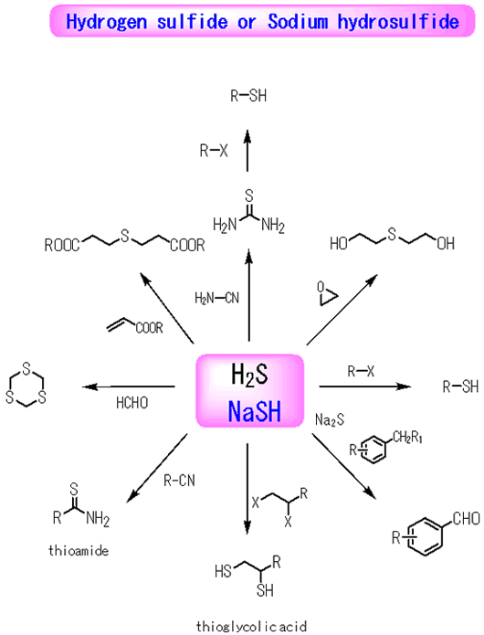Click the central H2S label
[249, 374]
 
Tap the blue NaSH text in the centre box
[254, 411]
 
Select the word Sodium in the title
[298, 21]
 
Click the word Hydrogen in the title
[107, 23]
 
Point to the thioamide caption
[79, 550]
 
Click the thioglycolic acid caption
[251, 627]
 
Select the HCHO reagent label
[132, 403]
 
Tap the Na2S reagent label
[330, 420]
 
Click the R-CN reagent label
[179, 481]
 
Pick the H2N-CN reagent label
[217, 299]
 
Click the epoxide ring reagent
[327, 294]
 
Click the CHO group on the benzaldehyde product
[467, 518]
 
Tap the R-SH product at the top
[248, 96]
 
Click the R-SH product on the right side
[460, 386]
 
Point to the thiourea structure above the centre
[249, 212]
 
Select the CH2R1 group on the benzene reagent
[407, 438]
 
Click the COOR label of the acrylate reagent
[150, 328]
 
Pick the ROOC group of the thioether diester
[62, 246]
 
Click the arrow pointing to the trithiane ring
[129, 386]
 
